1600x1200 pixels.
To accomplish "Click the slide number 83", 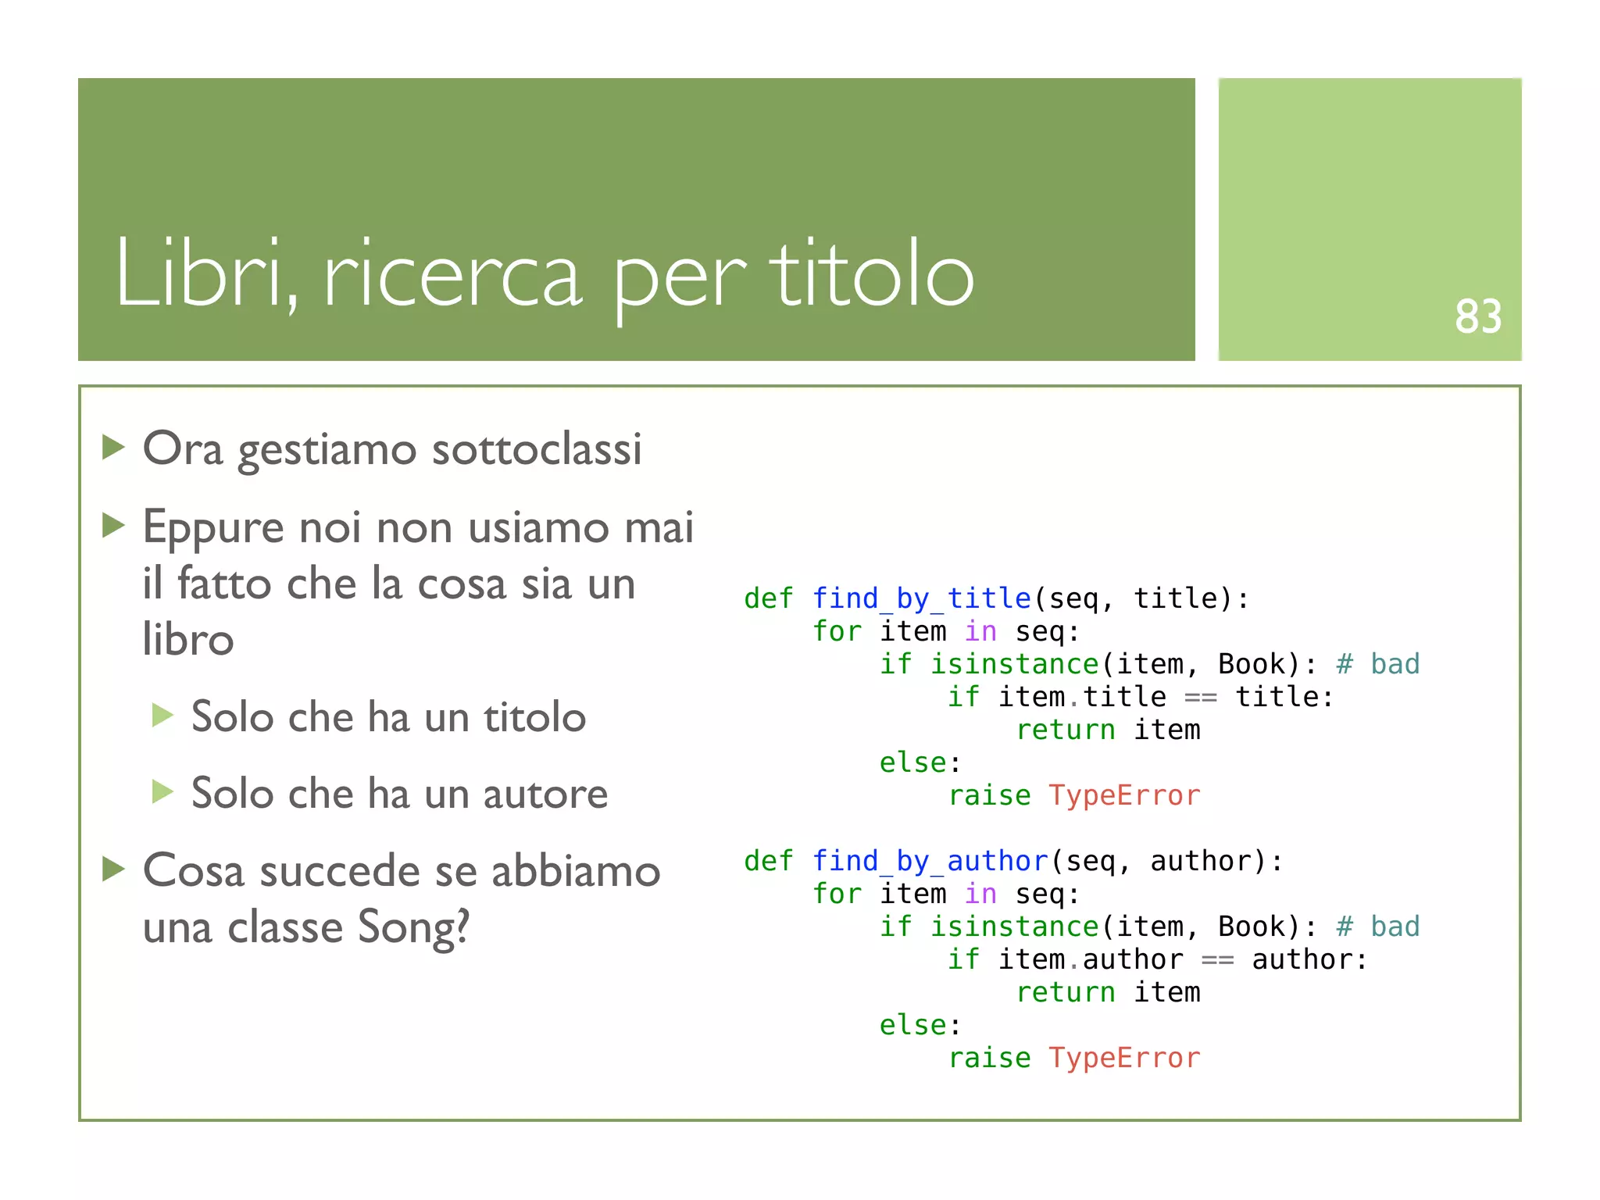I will [x=1477, y=316].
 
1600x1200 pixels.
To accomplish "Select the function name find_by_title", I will [x=922, y=598].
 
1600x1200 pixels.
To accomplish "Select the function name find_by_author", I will [x=930, y=861].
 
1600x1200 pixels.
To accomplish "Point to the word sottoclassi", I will [x=537, y=449].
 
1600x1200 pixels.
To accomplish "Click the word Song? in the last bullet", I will [x=413, y=928].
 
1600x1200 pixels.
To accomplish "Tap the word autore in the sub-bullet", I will [x=545, y=795].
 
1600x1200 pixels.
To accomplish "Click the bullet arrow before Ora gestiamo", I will [x=114, y=448].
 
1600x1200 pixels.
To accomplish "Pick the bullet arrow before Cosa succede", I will [x=114, y=869].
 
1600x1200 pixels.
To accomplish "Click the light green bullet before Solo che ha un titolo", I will [x=162, y=715].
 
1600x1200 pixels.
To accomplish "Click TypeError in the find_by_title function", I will [x=1123, y=795].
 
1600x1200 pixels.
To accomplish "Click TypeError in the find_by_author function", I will [x=1123, y=1058].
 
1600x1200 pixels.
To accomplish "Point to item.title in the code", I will [x=1082, y=697].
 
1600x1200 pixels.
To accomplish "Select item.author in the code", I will [x=1091, y=959].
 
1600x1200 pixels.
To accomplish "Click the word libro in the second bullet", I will [x=188, y=640].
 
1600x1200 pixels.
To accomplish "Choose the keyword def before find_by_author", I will [x=769, y=861].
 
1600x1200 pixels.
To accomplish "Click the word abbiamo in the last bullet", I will [x=576, y=872].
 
